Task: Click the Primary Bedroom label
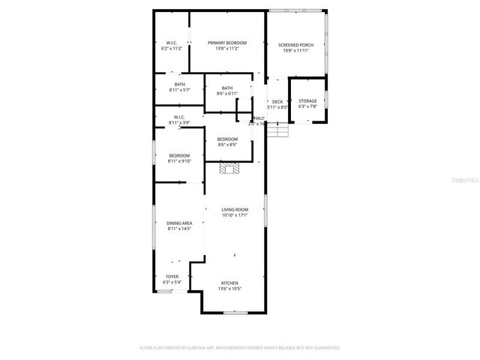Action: click(227, 43)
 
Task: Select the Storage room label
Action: click(307, 100)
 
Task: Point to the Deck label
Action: click(277, 101)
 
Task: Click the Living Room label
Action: click(235, 209)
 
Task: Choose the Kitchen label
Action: click(229, 283)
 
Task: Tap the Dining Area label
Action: click(179, 223)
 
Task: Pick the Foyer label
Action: click(172, 276)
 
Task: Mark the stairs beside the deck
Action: click(279, 130)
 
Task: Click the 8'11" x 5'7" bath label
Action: click(179, 84)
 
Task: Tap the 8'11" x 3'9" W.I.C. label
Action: click(179, 117)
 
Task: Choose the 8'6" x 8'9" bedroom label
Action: click(227, 139)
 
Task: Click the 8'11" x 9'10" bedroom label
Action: click(179, 155)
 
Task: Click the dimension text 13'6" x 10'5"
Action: click(229, 288)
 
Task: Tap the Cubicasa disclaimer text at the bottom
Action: click(240, 347)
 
